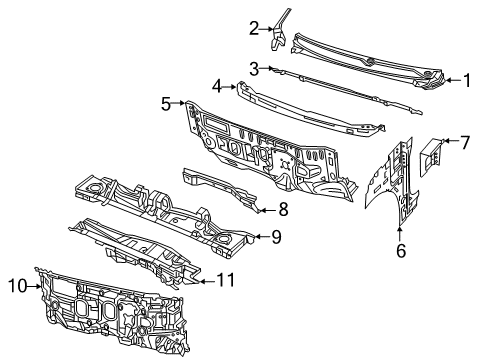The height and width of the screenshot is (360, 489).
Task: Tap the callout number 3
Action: coord(254,68)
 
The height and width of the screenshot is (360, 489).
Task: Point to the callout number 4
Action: coord(216,87)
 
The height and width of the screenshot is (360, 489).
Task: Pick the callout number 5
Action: coord(167,102)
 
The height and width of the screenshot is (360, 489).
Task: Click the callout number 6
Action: coord(401,252)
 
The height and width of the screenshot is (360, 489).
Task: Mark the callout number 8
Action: coord(284,209)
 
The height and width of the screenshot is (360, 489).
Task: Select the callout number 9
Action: coord(277,237)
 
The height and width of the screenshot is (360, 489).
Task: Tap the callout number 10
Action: coord(17,286)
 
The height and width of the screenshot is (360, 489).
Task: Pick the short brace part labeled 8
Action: coord(225,188)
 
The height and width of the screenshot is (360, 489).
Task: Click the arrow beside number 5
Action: coord(181,102)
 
